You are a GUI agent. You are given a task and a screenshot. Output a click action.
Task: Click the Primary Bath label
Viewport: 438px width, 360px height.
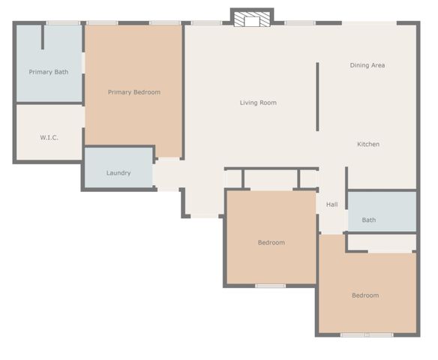(49, 72)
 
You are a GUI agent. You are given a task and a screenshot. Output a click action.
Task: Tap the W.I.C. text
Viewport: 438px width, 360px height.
(49, 138)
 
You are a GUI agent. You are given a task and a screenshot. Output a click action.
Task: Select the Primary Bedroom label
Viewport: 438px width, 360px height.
(134, 92)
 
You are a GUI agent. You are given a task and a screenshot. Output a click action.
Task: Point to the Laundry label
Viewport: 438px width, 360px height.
(118, 173)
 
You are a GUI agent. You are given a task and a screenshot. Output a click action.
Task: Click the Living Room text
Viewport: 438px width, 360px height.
(258, 103)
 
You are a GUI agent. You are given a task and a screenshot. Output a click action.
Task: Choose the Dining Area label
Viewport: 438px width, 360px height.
(367, 65)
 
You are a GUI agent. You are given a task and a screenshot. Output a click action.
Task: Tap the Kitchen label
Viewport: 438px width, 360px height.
(368, 144)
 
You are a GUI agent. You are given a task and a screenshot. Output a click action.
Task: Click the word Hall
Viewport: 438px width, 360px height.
(331, 204)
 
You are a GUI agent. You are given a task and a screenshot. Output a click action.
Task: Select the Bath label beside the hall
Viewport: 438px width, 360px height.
(369, 220)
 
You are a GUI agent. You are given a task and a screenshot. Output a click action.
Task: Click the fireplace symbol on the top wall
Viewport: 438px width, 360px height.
(251, 18)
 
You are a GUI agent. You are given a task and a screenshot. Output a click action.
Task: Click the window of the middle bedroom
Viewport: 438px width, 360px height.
(271, 286)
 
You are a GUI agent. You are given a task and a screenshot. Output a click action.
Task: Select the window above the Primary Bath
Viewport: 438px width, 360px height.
(63, 23)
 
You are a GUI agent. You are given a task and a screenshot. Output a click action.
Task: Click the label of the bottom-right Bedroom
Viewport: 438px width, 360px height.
(365, 295)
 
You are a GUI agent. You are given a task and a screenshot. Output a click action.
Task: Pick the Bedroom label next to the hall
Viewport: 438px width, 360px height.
(271, 242)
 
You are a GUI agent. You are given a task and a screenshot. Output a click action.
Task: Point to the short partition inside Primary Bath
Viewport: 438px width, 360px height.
(43, 37)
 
